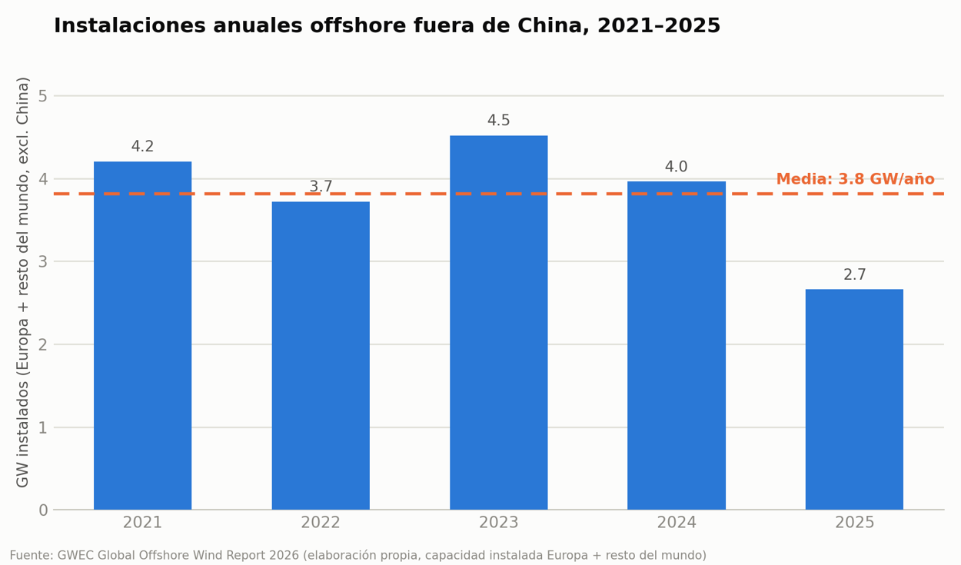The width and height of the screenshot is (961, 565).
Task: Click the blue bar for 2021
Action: (142, 335)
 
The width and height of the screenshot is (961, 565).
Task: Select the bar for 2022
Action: (321, 356)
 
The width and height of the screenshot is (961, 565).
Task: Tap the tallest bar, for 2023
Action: (498, 323)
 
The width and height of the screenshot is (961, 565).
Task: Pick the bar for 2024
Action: (677, 345)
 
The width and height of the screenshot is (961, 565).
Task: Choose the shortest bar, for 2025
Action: (854, 400)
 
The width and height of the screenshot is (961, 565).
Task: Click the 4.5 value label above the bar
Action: (498, 121)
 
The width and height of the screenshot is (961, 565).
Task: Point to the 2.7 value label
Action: (855, 274)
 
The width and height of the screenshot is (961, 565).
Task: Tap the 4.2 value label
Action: (142, 147)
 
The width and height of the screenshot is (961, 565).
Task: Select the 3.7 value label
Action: (321, 187)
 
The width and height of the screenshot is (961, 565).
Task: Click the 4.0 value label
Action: (676, 167)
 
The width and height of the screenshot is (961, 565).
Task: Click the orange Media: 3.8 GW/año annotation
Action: (856, 179)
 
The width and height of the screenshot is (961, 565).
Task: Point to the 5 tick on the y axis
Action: (43, 96)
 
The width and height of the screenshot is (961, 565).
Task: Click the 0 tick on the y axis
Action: (43, 510)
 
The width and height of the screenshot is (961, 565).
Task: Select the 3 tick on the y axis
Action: (43, 261)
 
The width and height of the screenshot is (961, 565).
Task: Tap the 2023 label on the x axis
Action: (498, 523)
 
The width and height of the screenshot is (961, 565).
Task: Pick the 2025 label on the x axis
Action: (855, 523)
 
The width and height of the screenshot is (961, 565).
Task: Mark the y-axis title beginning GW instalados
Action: (23, 282)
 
